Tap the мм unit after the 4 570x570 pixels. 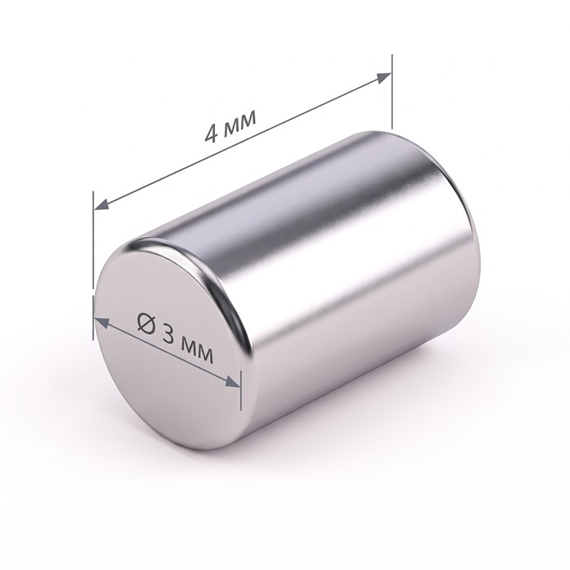(240, 122)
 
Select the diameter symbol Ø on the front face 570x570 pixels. (146, 322)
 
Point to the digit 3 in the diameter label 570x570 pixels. (169, 333)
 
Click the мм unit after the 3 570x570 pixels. (197, 350)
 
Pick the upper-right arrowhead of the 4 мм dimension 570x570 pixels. (384, 77)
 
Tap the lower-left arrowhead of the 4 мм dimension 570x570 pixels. (102, 204)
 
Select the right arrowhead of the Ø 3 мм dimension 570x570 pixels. (233, 382)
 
